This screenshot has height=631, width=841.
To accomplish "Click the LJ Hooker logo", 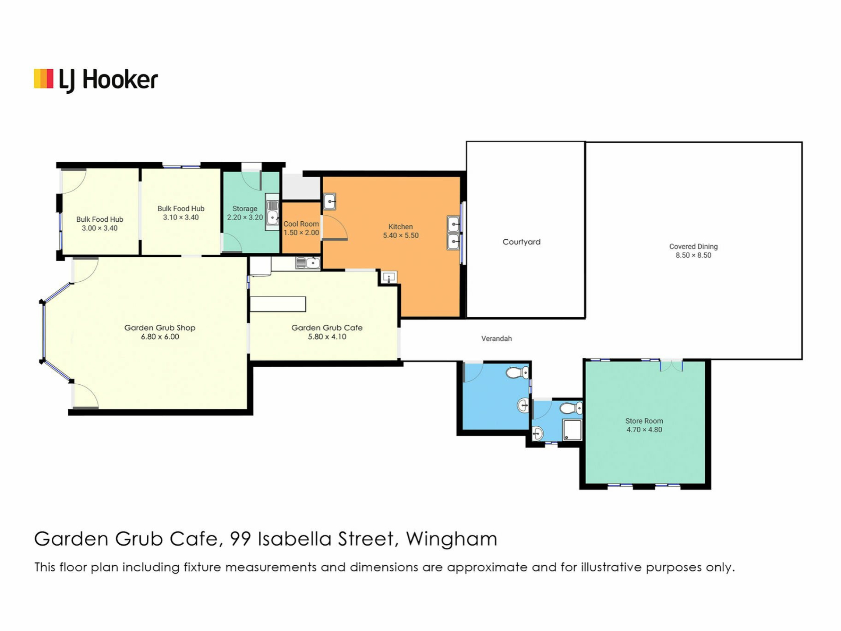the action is [x=96, y=80].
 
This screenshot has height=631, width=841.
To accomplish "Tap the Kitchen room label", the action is [x=400, y=227].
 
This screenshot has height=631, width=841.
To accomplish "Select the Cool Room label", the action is [x=301, y=224].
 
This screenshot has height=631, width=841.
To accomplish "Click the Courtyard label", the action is [x=521, y=242].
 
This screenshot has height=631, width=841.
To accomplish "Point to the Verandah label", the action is [x=496, y=338].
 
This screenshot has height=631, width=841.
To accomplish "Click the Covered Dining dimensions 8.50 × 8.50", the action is [x=693, y=255].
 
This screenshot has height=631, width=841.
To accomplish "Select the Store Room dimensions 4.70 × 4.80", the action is [x=644, y=430].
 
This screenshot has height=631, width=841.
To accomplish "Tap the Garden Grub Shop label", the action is [x=160, y=328].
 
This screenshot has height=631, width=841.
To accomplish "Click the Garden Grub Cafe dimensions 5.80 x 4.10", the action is [x=327, y=337].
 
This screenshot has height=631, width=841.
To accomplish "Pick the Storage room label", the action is [x=244, y=209].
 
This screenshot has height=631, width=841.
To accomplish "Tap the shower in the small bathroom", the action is [x=572, y=430].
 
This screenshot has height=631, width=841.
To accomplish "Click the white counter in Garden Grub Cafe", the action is [x=278, y=304].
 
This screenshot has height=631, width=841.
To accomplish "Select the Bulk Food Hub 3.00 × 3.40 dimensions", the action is [x=99, y=228].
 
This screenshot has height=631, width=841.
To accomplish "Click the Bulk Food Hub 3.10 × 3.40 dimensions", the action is [x=181, y=218].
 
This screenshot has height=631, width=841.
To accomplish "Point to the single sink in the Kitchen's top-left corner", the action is [x=329, y=202].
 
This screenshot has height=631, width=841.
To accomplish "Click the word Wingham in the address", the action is [x=452, y=539].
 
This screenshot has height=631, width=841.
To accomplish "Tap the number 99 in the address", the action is [x=240, y=539].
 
